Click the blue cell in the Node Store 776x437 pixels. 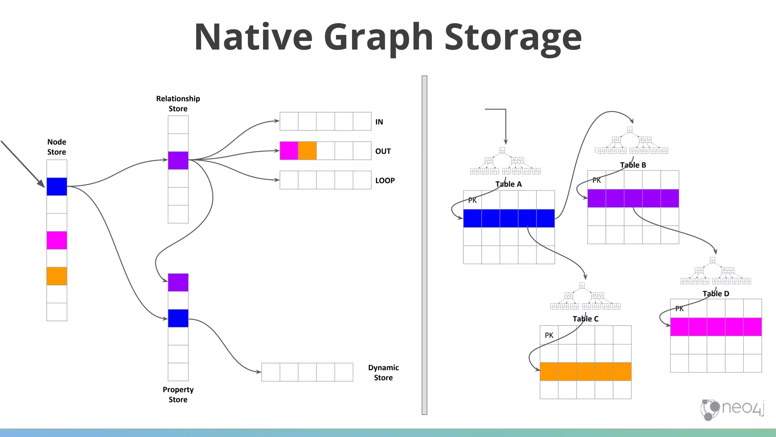click(57, 187)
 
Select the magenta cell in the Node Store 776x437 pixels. click(57, 240)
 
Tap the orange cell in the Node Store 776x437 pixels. click(57, 276)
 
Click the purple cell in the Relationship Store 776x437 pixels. click(178, 160)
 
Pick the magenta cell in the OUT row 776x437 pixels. click(289, 151)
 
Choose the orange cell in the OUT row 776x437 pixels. click(307, 151)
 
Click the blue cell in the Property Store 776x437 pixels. click(178, 318)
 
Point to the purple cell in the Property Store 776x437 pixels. click(178, 283)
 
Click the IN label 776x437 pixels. click(379, 122)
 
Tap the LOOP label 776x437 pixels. click(385, 181)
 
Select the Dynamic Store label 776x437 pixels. click(383, 373)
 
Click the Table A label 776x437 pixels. click(508, 184)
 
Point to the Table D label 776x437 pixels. click(716, 294)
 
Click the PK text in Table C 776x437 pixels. click(549, 335)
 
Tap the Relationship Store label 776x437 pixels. click(178, 104)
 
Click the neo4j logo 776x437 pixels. click(732, 409)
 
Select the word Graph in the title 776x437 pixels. click(378, 37)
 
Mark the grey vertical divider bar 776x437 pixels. click(424, 245)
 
